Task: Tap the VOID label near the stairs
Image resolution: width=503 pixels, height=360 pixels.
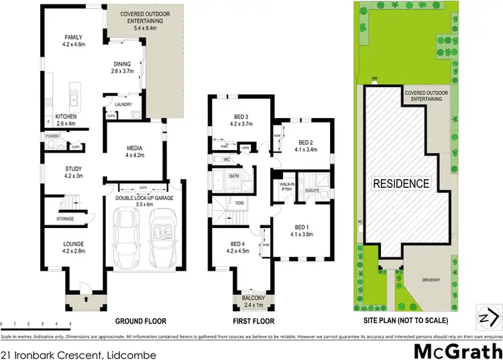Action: pyautogui.click(x=239, y=202)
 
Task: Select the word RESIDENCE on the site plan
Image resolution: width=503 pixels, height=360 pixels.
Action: pyautogui.click(x=401, y=183)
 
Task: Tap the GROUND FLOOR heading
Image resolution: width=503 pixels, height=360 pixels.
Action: pyautogui.click(x=140, y=321)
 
